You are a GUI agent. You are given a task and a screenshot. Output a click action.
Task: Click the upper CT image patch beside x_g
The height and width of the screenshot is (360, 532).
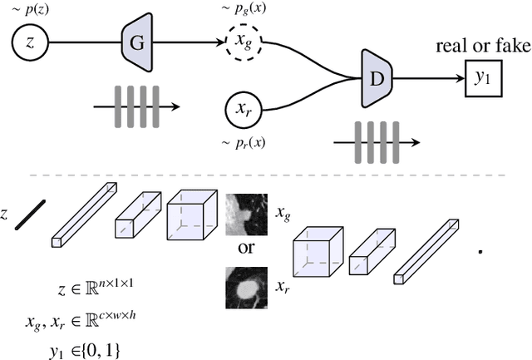(247, 212)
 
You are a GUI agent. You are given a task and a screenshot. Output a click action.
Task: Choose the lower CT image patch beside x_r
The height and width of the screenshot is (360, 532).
(247, 288)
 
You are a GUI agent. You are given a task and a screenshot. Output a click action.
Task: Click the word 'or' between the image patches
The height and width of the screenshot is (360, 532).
(247, 250)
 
